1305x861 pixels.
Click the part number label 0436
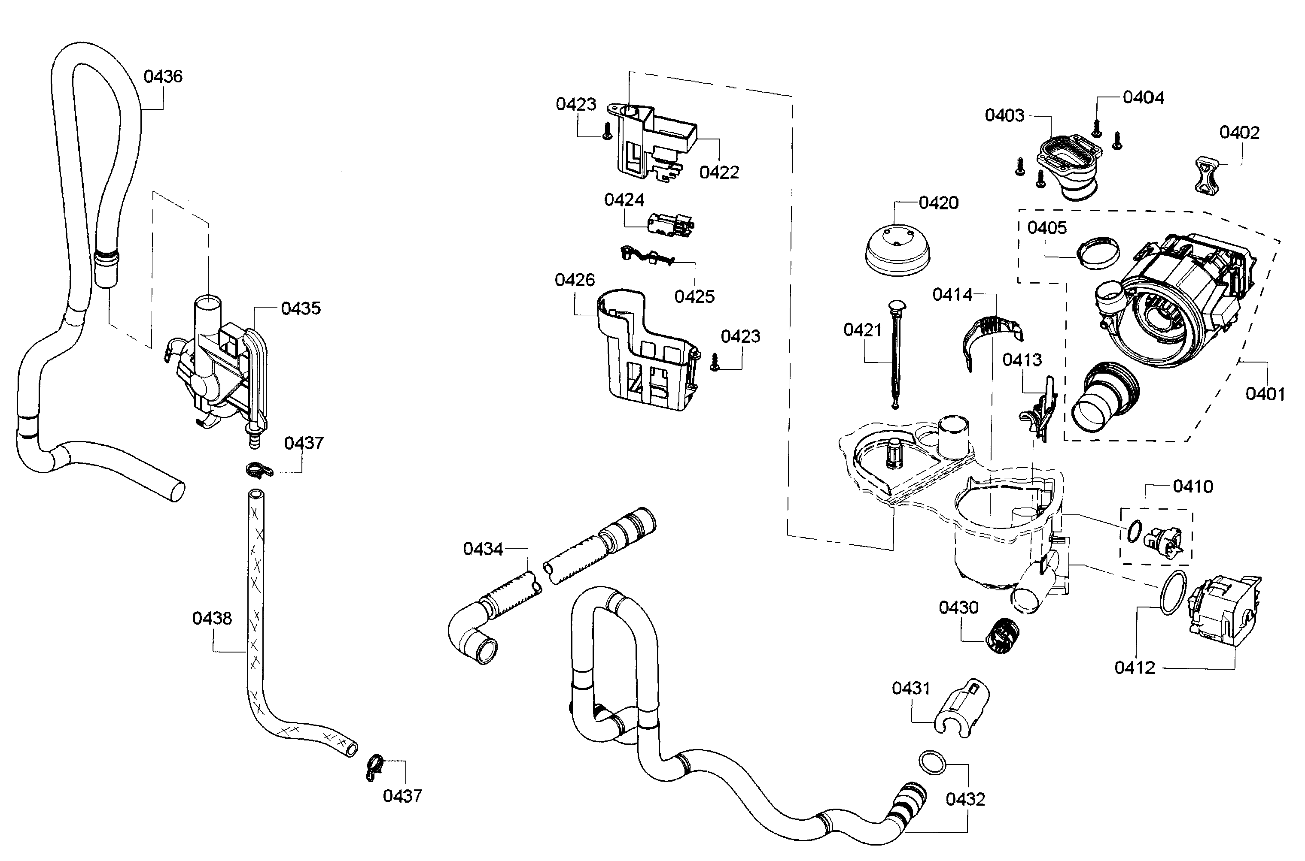(x=163, y=76)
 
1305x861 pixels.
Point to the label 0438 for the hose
(x=212, y=618)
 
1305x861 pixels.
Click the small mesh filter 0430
(x=1002, y=635)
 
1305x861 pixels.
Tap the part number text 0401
(x=1265, y=394)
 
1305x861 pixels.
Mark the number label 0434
(x=483, y=549)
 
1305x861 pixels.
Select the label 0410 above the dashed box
(x=1193, y=486)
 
